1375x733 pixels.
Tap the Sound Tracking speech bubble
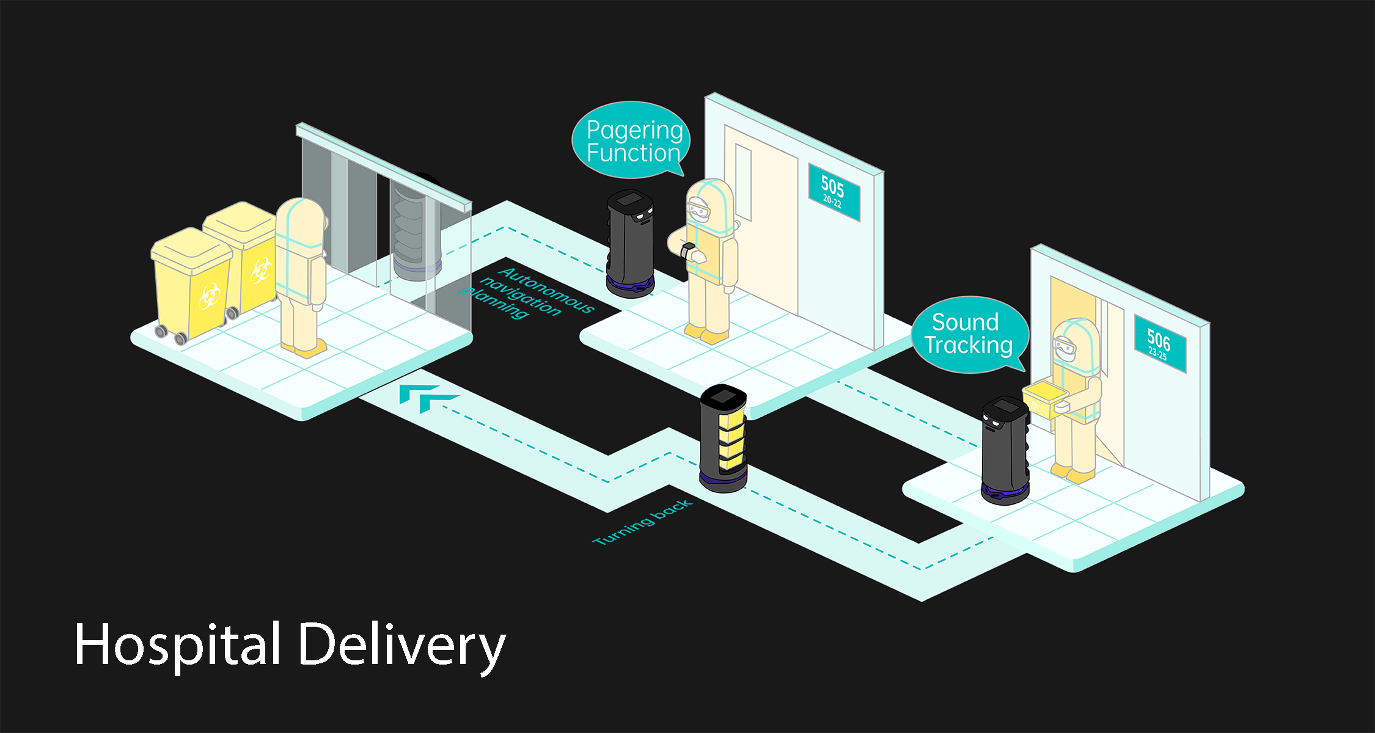pyautogui.click(x=969, y=334)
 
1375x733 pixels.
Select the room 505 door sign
pyautogui.click(x=834, y=192)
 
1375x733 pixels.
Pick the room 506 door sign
pyautogui.click(x=1159, y=345)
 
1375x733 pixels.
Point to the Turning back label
pyautogui.click(x=642, y=522)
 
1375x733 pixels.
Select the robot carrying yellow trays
pyautogui.click(x=724, y=439)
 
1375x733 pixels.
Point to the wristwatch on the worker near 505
pyautogui.click(x=687, y=250)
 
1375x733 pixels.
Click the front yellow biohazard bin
pyautogui.click(x=192, y=284)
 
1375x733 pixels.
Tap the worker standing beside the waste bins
pyautogui.click(x=300, y=275)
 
